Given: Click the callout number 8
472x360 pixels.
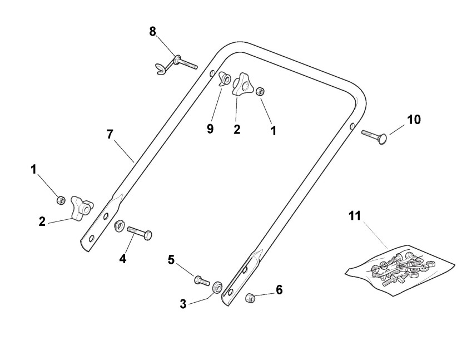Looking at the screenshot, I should tap(153, 31).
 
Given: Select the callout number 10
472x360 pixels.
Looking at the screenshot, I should tap(414, 119).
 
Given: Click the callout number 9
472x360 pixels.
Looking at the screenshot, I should tap(210, 129).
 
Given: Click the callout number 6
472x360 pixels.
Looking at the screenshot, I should tap(279, 290).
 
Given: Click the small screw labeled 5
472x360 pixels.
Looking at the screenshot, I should tap(201, 280).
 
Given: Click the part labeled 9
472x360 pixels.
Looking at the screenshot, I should tap(225, 79).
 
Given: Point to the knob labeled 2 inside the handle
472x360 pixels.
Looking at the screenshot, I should tap(242, 85).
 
